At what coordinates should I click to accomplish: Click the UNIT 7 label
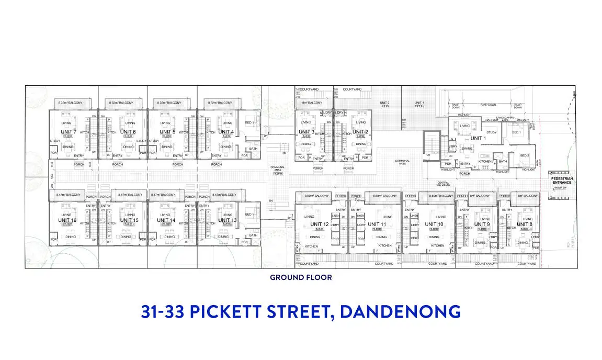[69, 132]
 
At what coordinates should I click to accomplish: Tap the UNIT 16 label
[69, 221]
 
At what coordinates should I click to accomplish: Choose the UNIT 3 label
[306, 132]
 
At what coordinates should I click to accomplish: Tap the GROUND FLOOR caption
[301, 277]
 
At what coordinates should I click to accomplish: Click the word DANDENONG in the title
[400, 311]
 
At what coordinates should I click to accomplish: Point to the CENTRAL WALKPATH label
[443, 184]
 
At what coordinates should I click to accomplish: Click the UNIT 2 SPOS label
[384, 104]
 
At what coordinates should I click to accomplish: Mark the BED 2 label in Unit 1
[525, 155]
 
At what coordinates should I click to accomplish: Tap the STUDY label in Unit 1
[492, 132]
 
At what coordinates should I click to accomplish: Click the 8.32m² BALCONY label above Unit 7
[70, 103]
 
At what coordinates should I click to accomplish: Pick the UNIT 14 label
[166, 221]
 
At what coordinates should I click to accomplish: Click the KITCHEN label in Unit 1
[485, 162]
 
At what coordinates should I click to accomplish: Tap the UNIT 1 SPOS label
[419, 104]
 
